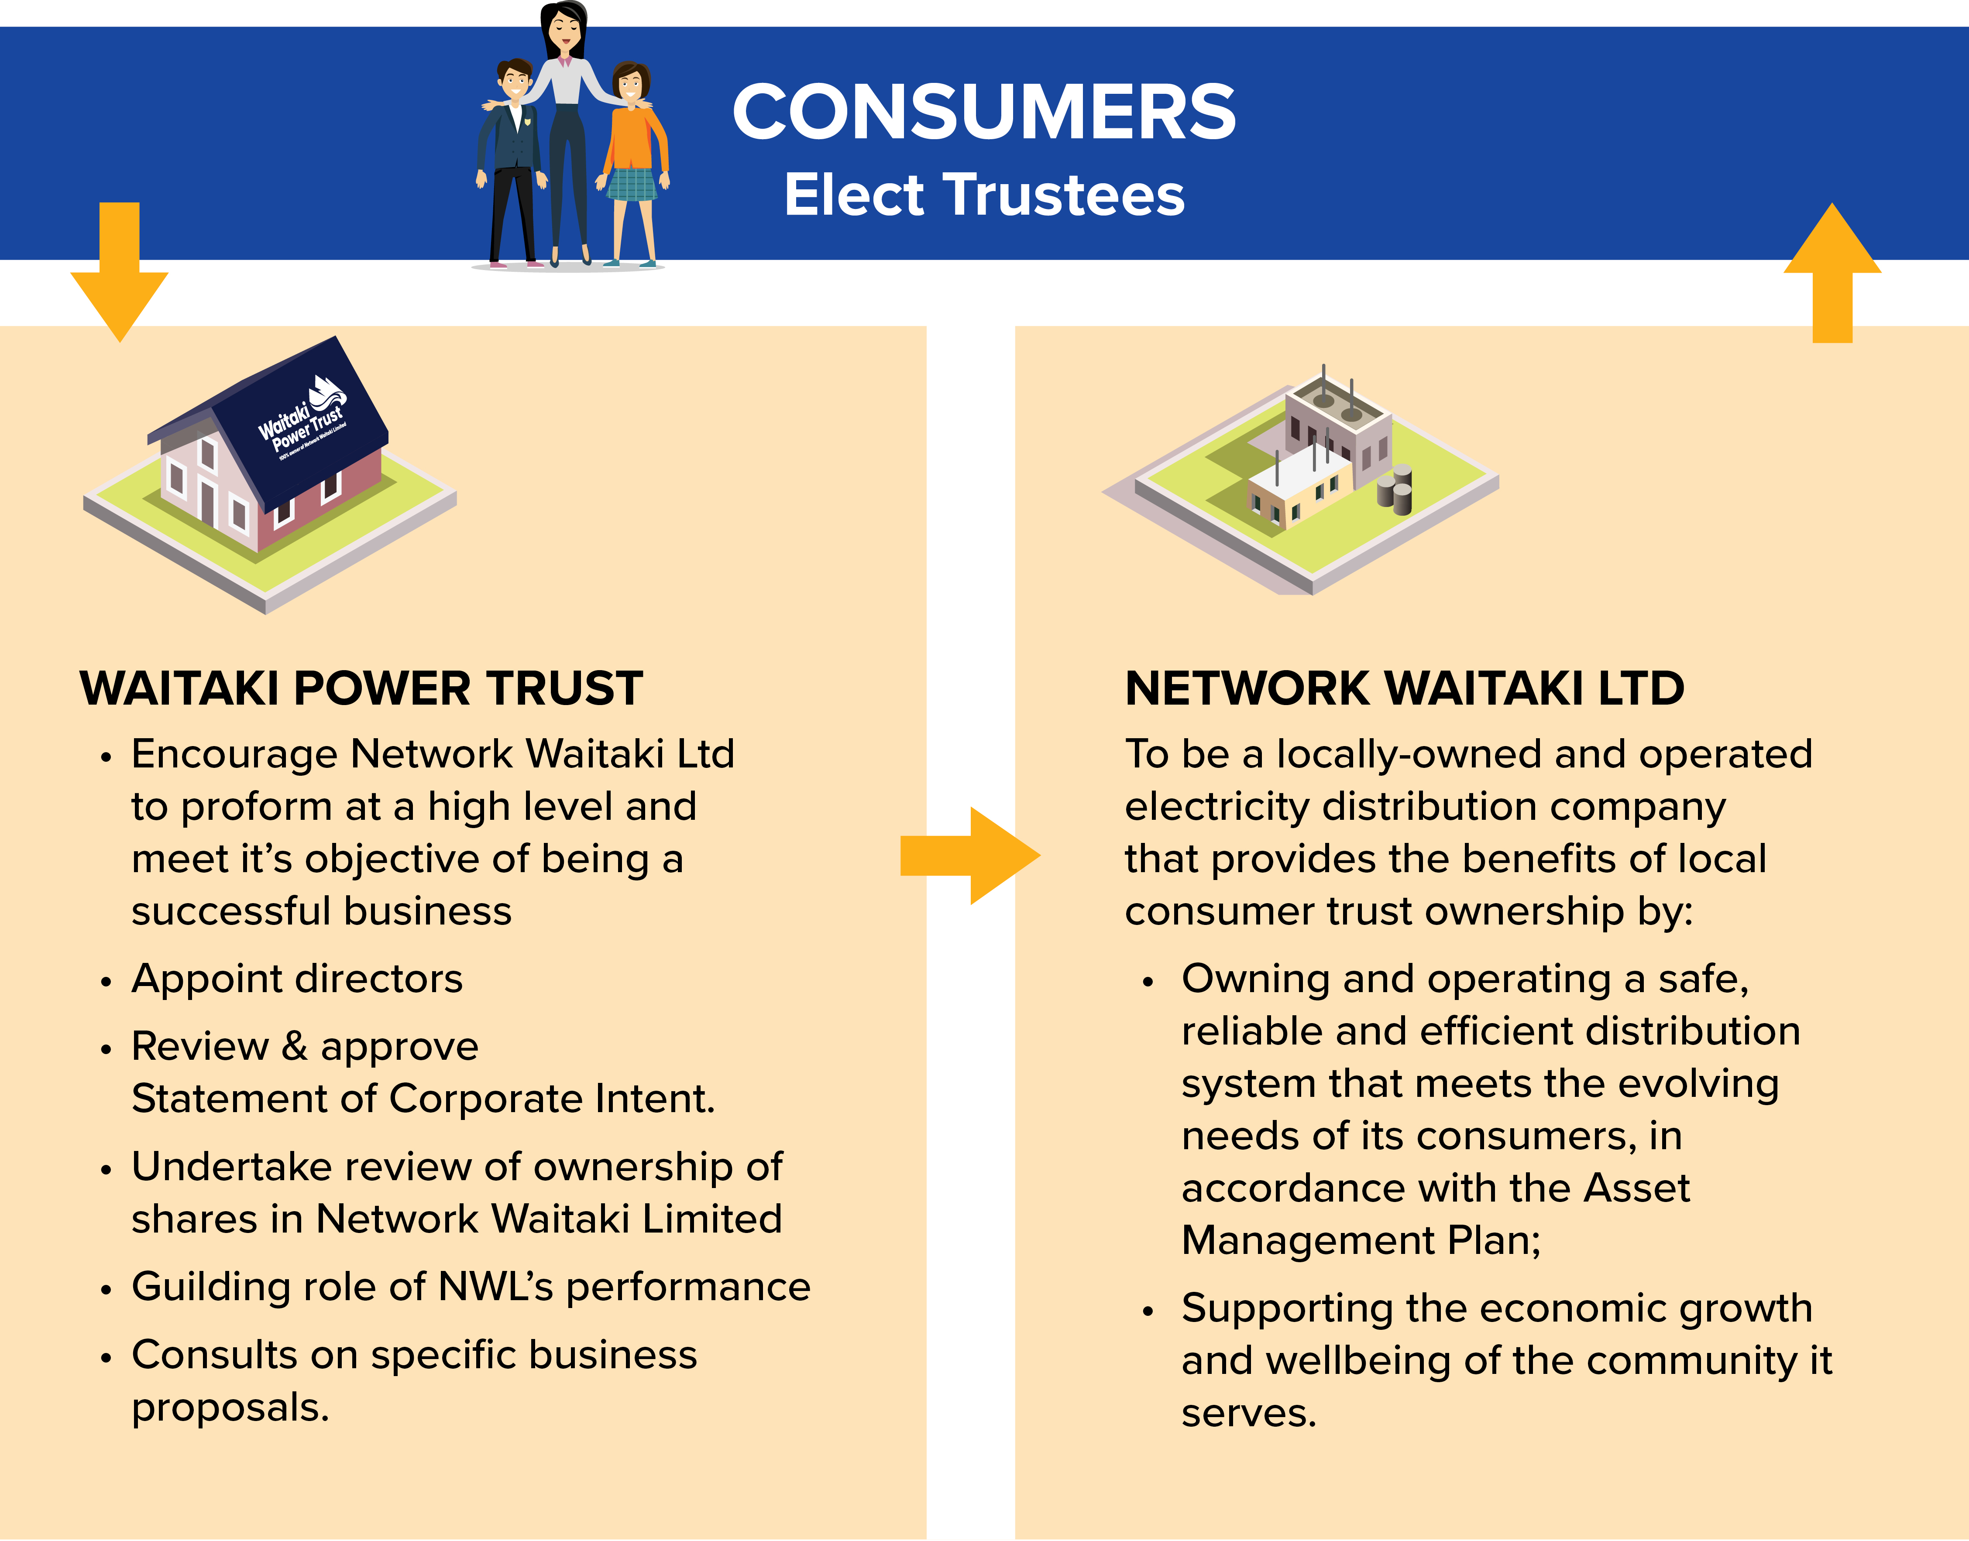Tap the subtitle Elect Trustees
(x=983, y=195)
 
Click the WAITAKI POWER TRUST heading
(x=361, y=688)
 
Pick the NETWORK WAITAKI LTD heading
(x=1404, y=688)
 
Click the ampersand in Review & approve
(x=294, y=1047)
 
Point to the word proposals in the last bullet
(x=230, y=1407)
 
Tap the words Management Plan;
(x=1361, y=1240)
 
